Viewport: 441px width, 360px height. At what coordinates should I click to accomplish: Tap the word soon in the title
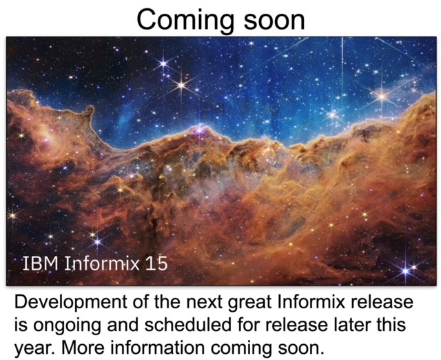coord(274,20)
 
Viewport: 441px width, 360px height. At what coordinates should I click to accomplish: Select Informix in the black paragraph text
coord(311,302)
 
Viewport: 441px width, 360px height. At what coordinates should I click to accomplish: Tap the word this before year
coord(391,325)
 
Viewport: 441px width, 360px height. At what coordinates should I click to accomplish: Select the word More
coord(83,348)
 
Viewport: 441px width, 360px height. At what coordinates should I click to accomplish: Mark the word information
coord(157,348)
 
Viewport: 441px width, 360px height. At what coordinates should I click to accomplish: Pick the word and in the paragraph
coord(123,325)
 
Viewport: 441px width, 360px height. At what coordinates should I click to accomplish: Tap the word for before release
coord(248,325)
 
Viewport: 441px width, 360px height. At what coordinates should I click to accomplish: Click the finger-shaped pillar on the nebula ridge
coord(89,112)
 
